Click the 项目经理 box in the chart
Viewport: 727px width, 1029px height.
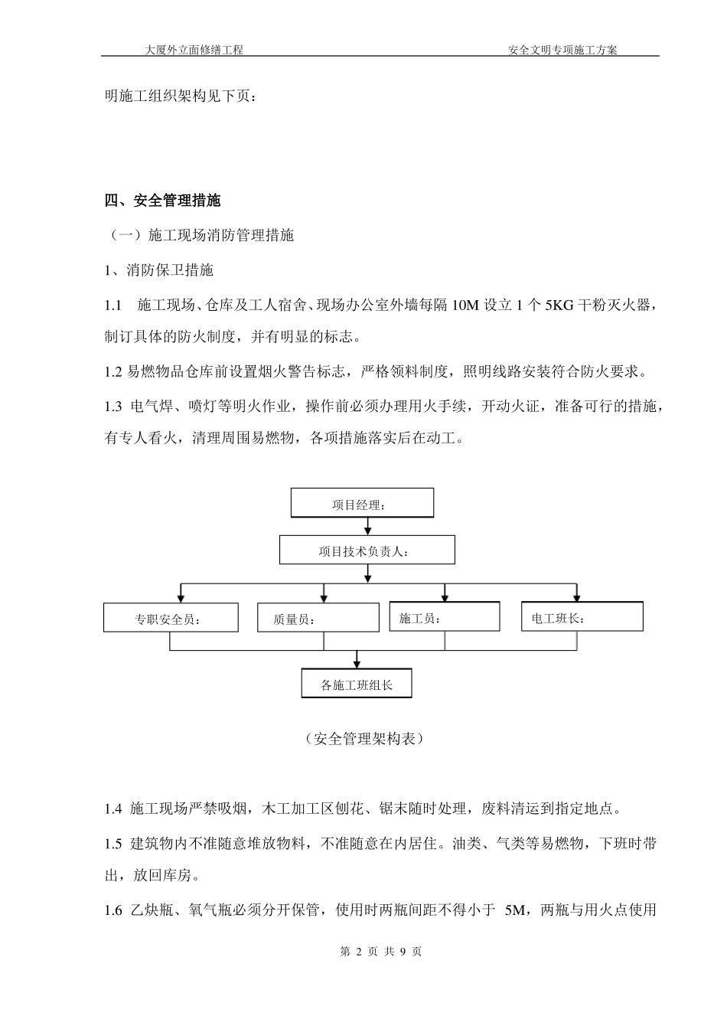pos(362,503)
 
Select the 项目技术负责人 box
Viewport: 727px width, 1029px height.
pos(367,550)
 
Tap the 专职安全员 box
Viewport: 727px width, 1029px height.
pos(171,618)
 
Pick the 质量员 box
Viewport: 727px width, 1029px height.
pos(318,617)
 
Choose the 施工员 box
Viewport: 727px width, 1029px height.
pos(445,616)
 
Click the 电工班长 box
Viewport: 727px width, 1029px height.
pos(582,616)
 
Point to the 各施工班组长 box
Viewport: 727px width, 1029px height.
pos(357,684)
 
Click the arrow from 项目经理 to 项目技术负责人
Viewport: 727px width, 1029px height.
pos(369,526)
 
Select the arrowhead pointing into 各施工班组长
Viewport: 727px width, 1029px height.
pos(357,665)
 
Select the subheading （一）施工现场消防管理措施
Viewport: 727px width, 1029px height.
pos(199,236)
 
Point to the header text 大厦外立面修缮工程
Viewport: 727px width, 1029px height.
pos(194,50)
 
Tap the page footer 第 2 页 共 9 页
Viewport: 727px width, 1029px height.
pos(380,952)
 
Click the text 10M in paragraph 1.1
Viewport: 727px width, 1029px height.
pos(466,305)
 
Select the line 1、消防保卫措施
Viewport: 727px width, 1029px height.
pos(159,270)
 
